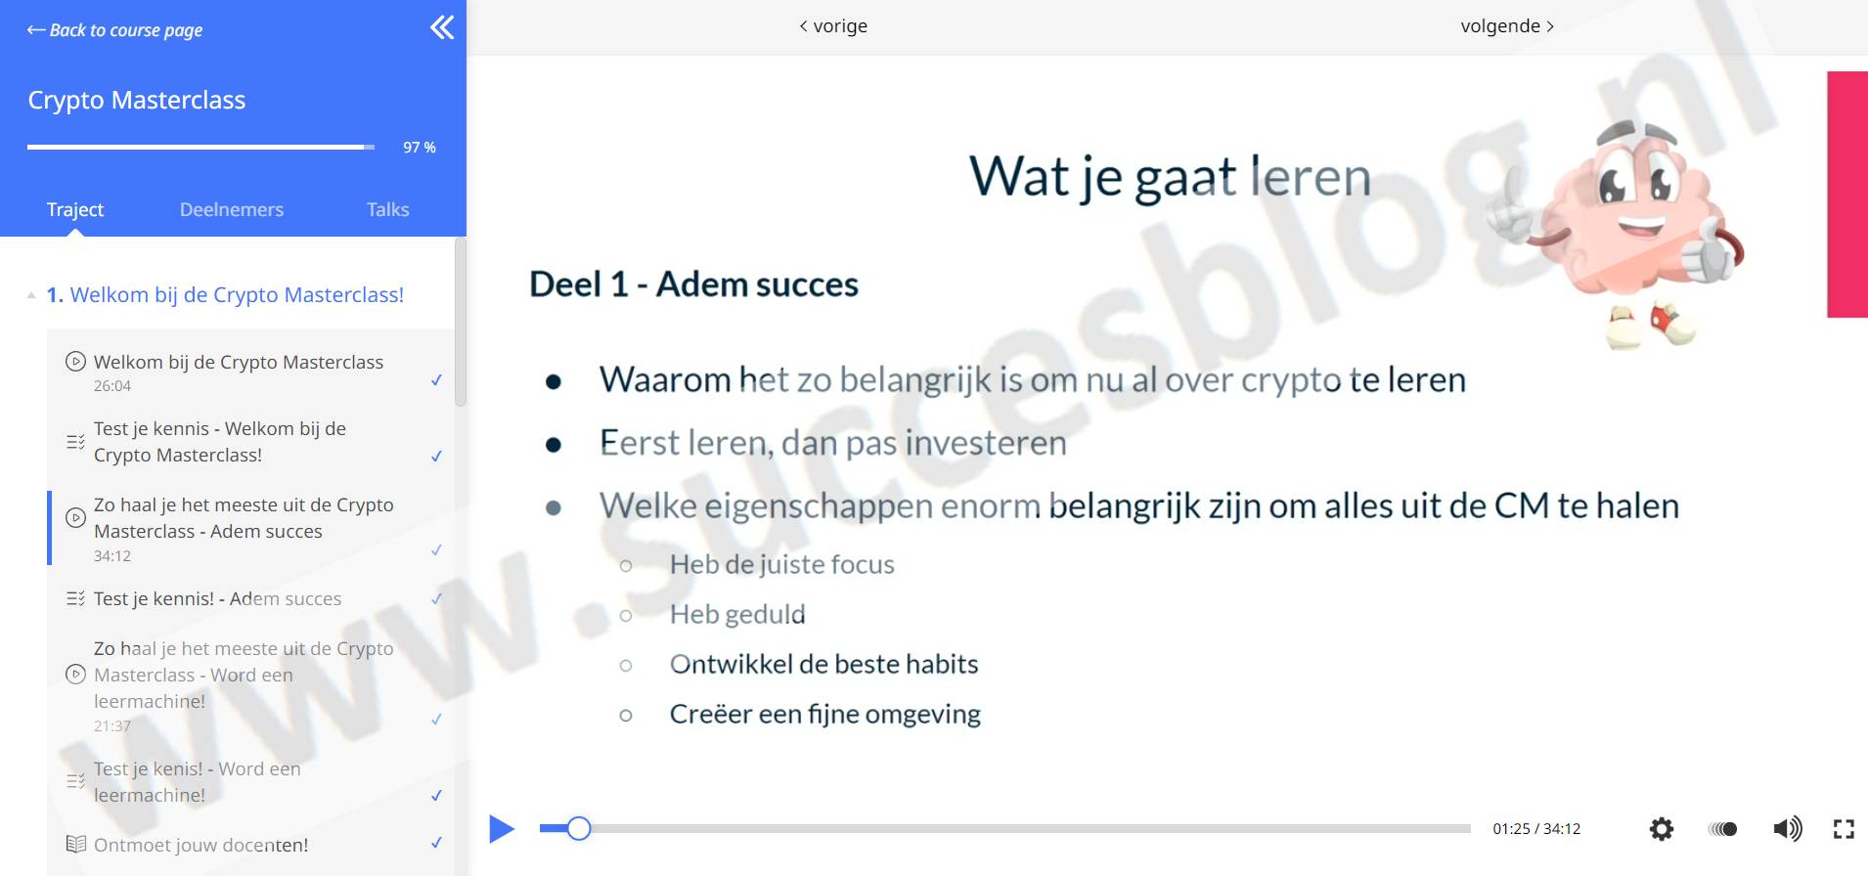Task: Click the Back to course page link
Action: tap(114, 30)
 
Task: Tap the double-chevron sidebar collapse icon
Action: tap(442, 27)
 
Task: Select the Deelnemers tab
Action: tap(232, 209)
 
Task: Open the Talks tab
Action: tap(388, 209)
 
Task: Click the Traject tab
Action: tap(75, 209)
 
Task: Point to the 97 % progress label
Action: tap(420, 148)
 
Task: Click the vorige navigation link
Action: tap(833, 26)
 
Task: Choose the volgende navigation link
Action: tap(1507, 26)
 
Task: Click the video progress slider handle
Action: tap(579, 829)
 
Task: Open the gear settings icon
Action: tap(1661, 829)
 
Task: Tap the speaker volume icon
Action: tap(1787, 829)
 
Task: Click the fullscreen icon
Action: tap(1844, 829)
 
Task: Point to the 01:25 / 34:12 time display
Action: tap(1536, 829)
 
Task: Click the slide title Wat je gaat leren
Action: tap(1170, 177)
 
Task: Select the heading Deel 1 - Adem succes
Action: tap(693, 285)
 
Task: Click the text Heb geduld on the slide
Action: tap(737, 614)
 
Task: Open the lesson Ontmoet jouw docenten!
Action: tap(200, 845)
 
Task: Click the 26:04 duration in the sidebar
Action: tap(112, 386)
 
